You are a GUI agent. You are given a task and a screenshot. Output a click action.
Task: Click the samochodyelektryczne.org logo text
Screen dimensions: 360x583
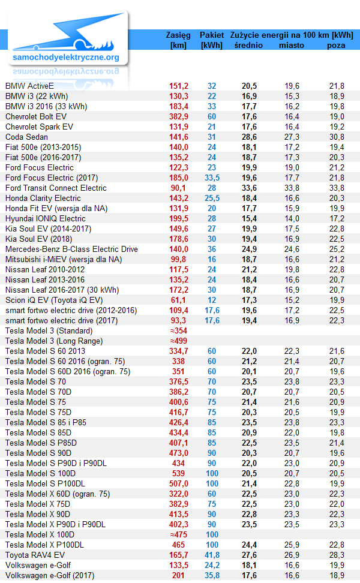66,57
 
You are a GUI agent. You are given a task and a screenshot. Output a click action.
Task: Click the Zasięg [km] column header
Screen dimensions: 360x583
178,40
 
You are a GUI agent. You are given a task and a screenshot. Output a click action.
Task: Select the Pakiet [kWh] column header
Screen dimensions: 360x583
212,40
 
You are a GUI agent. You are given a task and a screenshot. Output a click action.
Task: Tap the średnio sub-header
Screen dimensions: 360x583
248,46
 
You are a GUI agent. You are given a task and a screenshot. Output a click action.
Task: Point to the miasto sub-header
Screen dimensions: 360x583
292,46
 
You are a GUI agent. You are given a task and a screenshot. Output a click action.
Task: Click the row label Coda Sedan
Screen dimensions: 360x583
26,137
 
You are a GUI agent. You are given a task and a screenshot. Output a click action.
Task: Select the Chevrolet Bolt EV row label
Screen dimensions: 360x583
36,116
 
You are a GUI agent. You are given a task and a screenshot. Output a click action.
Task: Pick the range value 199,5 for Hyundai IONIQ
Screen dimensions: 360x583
179,218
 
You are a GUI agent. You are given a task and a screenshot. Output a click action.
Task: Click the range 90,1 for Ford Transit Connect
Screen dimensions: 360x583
179,188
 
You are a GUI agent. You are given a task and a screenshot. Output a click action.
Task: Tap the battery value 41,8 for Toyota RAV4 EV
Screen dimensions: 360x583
212,555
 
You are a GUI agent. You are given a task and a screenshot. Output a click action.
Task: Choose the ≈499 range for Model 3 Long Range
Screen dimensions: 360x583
179,341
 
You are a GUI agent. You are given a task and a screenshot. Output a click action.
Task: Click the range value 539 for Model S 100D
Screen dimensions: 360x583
179,473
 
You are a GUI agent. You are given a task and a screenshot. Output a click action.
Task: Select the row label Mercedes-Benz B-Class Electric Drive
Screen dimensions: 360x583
71,249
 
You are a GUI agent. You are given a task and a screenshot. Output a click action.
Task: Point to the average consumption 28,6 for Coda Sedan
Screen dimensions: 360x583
249,137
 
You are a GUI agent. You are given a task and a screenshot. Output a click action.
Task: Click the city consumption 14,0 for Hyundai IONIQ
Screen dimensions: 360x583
292,218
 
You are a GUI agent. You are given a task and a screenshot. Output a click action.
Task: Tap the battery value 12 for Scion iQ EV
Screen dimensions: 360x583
212,300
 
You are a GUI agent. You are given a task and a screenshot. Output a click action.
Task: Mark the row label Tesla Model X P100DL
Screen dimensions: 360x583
44,545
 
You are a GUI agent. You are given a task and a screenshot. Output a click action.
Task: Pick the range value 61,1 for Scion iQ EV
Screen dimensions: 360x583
179,300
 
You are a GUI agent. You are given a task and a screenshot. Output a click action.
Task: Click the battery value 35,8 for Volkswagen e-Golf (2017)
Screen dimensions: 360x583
212,576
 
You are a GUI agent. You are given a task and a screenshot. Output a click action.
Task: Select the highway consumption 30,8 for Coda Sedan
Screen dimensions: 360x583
337,137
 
